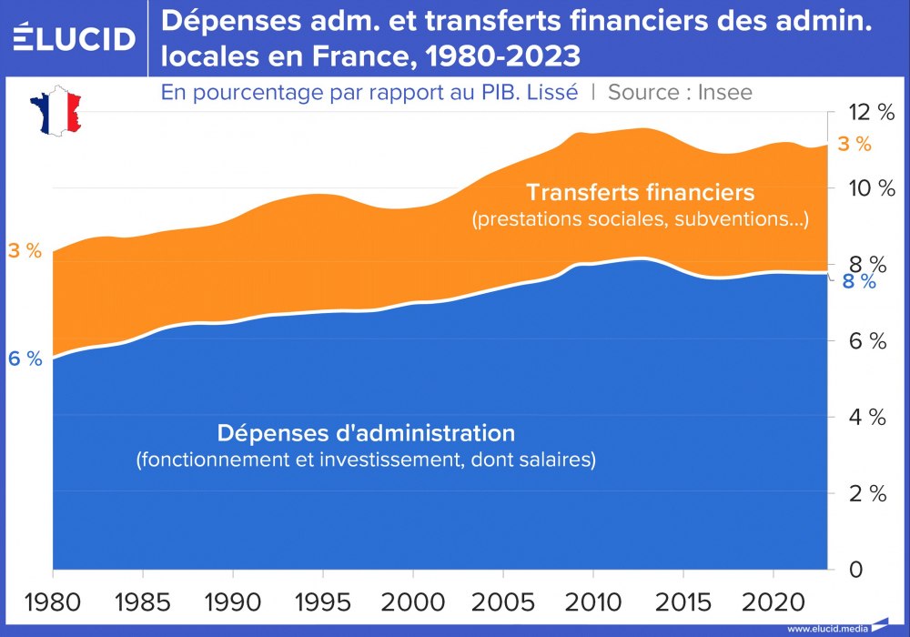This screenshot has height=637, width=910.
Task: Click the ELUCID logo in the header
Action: click(x=74, y=38)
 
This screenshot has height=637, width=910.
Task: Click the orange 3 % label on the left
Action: click(x=25, y=251)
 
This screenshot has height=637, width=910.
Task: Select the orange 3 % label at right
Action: click(x=854, y=144)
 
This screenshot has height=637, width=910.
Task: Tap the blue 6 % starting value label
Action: click(x=25, y=359)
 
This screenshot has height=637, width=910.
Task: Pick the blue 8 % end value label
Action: click(x=859, y=281)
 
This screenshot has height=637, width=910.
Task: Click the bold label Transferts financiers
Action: click(x=640, y=193)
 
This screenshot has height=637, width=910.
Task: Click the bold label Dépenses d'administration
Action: click(x=366, y=431)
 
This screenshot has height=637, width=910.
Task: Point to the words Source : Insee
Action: click(x=680, y=92)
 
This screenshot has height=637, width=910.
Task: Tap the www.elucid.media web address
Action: click(x=826, y=628)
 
